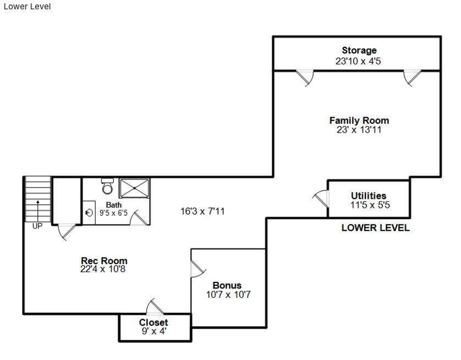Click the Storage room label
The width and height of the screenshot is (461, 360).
[359, 51]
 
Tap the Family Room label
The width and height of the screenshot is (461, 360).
[359, 121]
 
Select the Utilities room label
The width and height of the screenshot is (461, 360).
[369, 196]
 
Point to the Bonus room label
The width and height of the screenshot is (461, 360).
[227, 286]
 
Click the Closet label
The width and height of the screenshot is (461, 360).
[153, 323]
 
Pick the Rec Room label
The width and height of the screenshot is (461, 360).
[104, 261]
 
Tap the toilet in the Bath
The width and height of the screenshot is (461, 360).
[107, 187]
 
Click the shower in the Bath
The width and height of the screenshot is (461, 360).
[134, 188]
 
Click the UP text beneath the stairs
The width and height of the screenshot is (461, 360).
[37, 226]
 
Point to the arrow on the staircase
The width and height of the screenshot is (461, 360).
[37, 209]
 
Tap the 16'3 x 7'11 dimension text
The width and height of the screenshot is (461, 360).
[202, 211]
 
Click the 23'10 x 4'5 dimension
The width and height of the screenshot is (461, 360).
[358, 61]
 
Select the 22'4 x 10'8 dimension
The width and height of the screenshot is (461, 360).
[104, 270]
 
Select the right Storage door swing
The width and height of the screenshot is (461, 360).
[412, 78]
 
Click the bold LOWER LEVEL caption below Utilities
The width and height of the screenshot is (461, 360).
[375, 228]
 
